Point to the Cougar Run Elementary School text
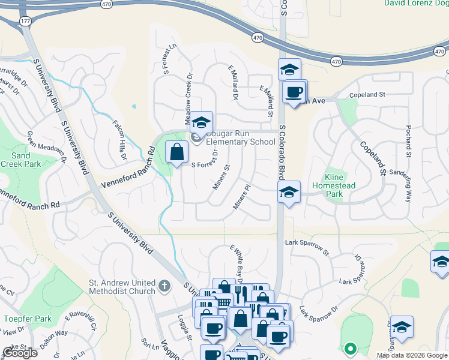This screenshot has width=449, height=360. [x=240, y=138]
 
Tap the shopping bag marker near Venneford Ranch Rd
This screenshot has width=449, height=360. [x=177, y=152]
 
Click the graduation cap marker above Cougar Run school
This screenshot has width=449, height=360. [x=202, y=122]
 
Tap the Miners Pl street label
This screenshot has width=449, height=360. [x=241, y=197]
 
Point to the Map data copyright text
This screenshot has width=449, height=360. [x=412, y=355]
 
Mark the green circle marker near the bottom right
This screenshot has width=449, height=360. [x=350, y=347]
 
